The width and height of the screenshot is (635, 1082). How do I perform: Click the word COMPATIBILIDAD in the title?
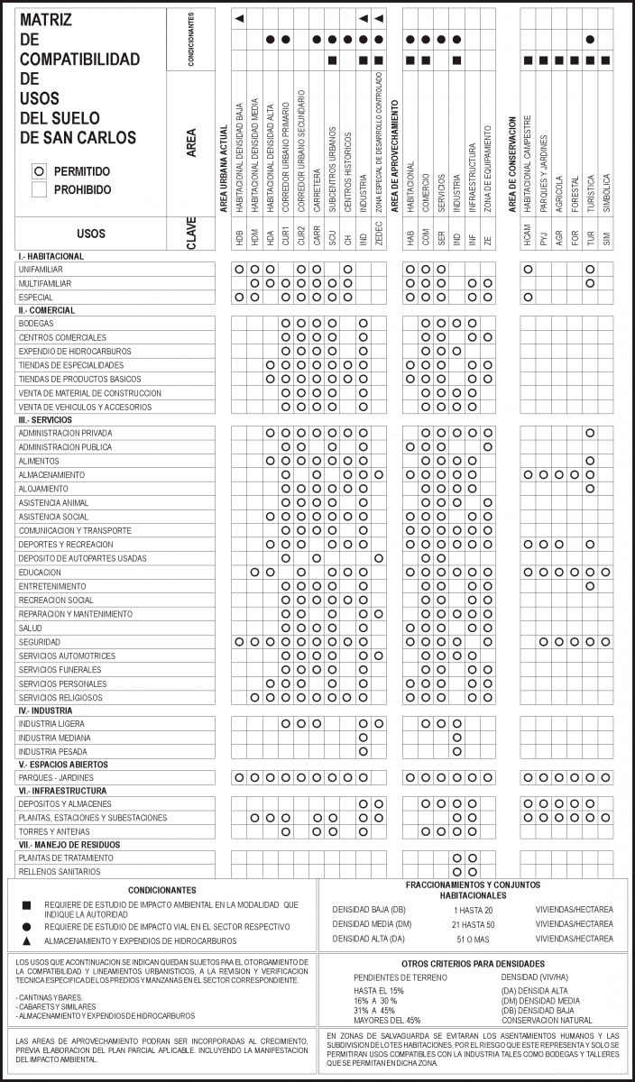pos(79,60)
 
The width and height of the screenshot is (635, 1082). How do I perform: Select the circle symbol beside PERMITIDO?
pos(39,170)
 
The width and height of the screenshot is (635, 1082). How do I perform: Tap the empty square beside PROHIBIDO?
pos(39,189)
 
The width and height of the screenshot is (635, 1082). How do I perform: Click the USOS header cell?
pos(91,234)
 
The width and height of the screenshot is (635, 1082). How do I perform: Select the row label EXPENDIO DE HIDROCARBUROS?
pos(74,351)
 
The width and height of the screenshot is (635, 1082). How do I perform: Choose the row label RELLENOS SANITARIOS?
pos(59,872)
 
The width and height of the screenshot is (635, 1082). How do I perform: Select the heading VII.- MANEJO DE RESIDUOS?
pos(69,845)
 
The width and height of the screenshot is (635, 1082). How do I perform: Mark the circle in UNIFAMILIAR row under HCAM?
pos(528,270)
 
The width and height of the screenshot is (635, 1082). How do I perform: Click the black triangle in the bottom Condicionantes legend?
pos(27,941)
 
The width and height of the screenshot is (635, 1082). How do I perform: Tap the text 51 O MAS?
pos(472,939)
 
